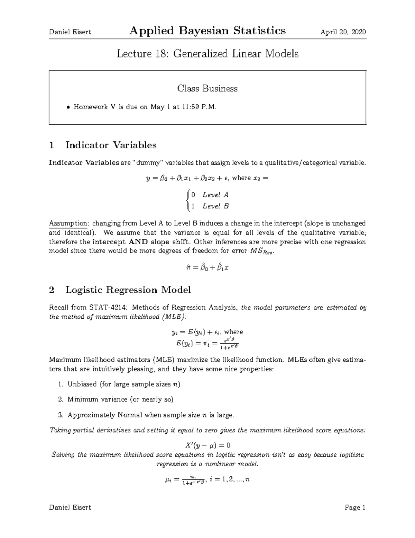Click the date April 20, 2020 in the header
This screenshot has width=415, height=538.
[343, 32]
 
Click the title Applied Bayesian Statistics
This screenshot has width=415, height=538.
[207, 31]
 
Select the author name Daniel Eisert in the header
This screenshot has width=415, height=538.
[70, 32]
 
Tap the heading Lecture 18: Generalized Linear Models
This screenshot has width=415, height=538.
[207, 54]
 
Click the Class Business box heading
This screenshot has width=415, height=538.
[207, 88]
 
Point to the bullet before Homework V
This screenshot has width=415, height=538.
[68, 107]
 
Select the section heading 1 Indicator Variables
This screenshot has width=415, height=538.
[103, 145]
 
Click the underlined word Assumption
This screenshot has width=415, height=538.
[68, 223]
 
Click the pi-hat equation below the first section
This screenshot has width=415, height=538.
[207, 267]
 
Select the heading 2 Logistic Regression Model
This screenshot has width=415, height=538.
[120, 290]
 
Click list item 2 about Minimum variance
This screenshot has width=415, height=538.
[120, 399]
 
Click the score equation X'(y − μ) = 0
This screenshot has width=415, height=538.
[207, 445]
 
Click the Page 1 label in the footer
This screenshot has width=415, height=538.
[355, 508]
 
